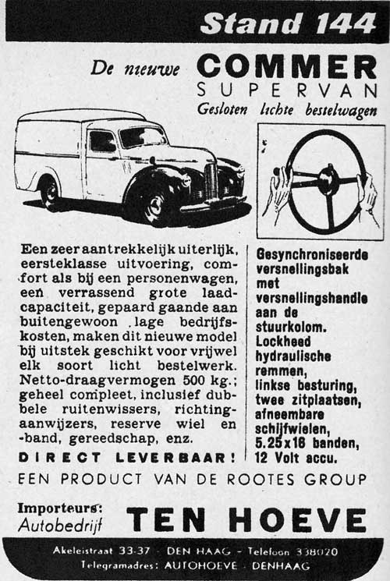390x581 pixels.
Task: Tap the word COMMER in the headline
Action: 287,66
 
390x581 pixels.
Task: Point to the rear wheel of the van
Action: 48,191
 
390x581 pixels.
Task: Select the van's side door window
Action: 102,141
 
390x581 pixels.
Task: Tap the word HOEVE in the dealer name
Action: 310,519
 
